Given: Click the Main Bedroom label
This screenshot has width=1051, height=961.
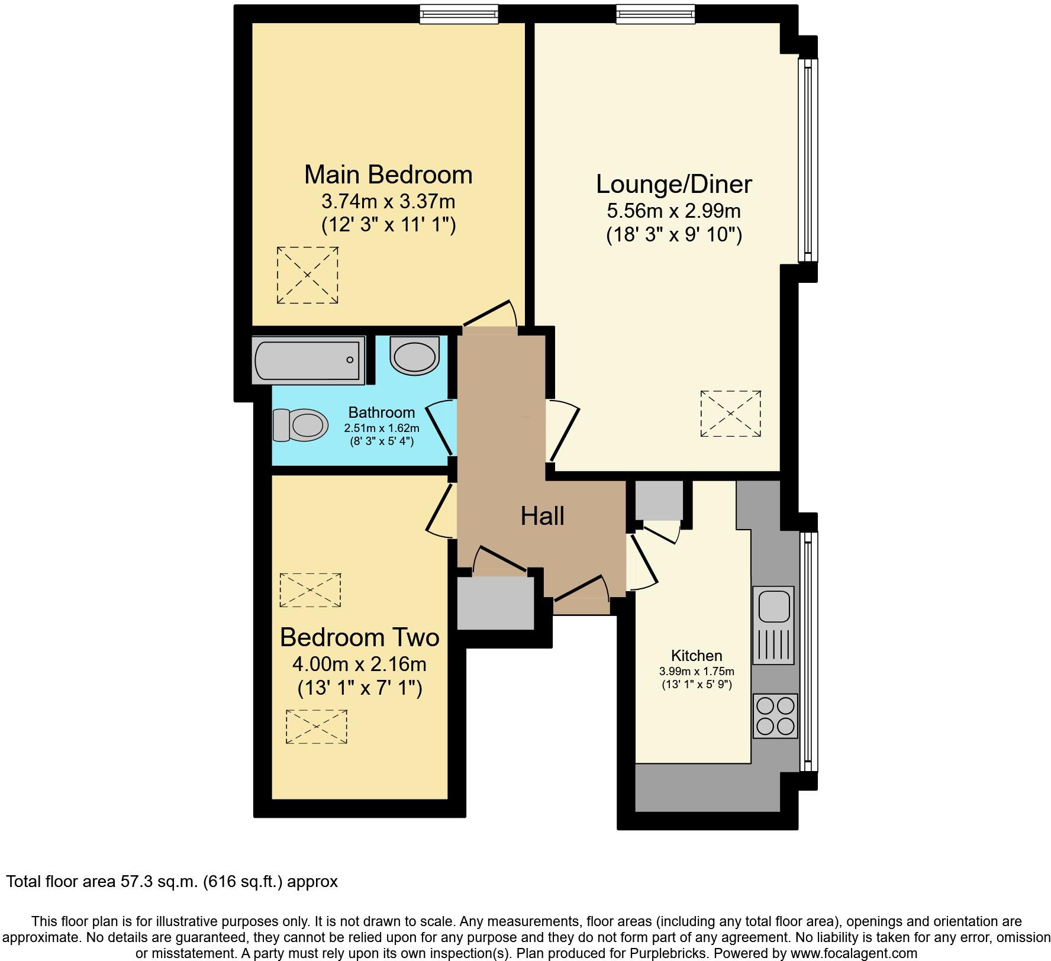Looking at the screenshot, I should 388,175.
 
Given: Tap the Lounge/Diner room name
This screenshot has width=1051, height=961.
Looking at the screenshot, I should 673,184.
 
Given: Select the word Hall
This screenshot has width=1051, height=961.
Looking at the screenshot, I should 542,516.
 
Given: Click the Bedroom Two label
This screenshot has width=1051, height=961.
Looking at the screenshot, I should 359,637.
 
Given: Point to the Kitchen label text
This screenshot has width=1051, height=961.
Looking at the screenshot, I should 697,656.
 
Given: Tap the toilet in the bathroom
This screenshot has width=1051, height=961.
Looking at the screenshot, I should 301,425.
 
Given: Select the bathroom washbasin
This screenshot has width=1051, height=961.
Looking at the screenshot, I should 415,356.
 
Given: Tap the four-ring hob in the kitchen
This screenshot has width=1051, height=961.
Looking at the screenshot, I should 775,716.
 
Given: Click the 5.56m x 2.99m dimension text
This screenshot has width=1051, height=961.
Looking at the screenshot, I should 673,211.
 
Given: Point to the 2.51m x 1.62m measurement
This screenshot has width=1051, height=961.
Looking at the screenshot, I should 382,428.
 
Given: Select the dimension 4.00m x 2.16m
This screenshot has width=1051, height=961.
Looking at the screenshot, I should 359,664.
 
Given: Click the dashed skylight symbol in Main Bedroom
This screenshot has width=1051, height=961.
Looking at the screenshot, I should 308,276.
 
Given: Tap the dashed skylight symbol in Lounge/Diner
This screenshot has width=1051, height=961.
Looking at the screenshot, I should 730,414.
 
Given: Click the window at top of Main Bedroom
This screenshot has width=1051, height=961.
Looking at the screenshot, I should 459,14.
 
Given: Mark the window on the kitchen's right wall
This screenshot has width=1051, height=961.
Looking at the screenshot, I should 808,652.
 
